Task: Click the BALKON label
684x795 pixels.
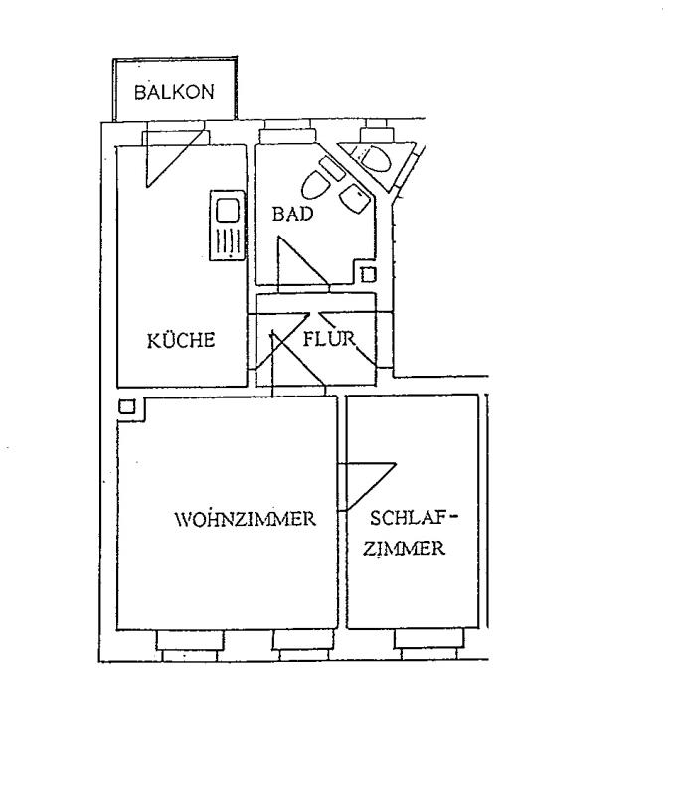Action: (x=174, y=92)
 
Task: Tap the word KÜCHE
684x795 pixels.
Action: (x=181, y=339)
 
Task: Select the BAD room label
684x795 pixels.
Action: (x=292, y=214)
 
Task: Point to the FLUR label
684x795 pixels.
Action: (x=329, y=338)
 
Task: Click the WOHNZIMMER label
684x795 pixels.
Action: (x=246, y=519)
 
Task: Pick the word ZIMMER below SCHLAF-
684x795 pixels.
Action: (x=404, y=549)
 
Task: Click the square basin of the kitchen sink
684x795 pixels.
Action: (x=228, y=211)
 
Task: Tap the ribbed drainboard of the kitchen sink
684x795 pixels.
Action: (x=228, y=241)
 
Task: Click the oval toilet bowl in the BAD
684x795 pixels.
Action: (x=314, y=184)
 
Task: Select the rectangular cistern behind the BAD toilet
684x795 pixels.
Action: (x=332, y=168)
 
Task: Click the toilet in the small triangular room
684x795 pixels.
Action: (x=375, y=158)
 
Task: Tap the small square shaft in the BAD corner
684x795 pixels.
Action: (x=369, y=275)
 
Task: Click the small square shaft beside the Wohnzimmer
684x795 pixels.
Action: (x=127, y=406)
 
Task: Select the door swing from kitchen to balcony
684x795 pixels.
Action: (x=174, y=158)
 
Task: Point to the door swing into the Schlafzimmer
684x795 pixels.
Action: (x=366, y=486)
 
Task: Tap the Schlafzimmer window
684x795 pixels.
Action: (x=428, y=643)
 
